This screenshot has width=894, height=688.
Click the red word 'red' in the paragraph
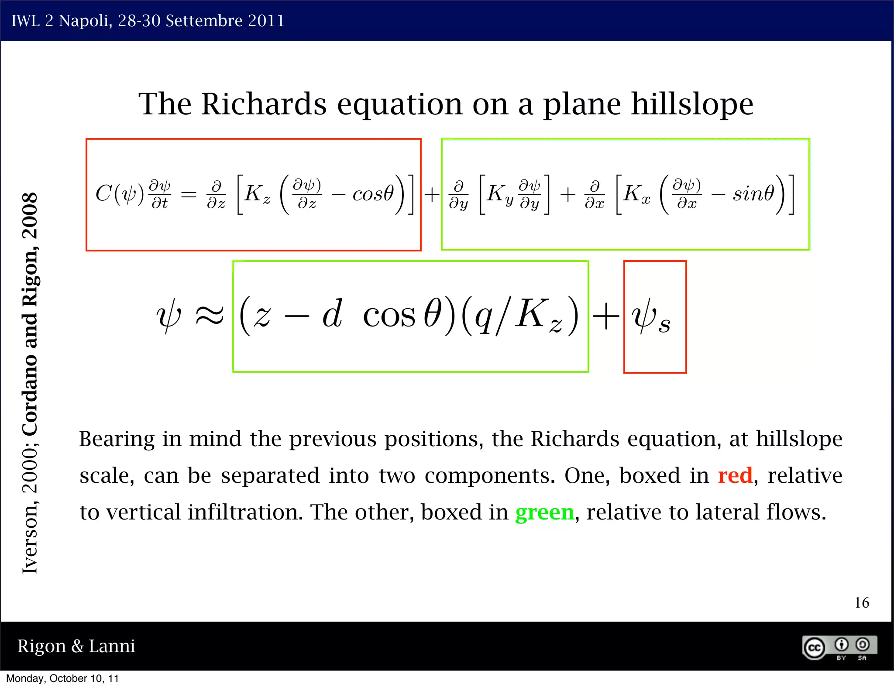[735, 475]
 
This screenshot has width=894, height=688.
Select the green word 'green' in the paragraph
[544, 512]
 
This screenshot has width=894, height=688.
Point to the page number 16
[861, 603]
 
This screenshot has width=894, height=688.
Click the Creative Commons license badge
[839, 647]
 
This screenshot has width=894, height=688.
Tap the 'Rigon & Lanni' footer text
[76, 646]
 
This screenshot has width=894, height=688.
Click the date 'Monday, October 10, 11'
[62, 678]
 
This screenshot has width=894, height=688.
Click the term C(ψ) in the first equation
[119, 193]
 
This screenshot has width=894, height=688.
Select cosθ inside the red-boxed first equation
[373, 193]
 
